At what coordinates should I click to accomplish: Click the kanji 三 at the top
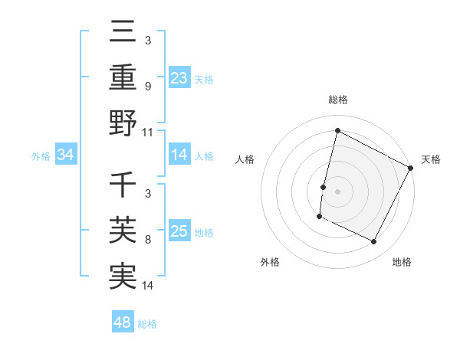click(x=123, y=32)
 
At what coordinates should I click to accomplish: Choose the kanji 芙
click(x=123, y=231)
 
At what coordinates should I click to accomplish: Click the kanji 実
click(x=123, y=276)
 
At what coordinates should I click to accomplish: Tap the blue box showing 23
click(x=179, y=77)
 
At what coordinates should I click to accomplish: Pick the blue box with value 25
click(x=179, y=231)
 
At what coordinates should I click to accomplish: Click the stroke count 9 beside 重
click(x=148, y=86)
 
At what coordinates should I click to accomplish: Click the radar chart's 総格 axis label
click(x=338, y=100)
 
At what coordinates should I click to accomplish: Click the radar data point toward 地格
click(x=374, y=242)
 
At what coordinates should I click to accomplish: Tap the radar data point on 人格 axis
click(x=324, y=187)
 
